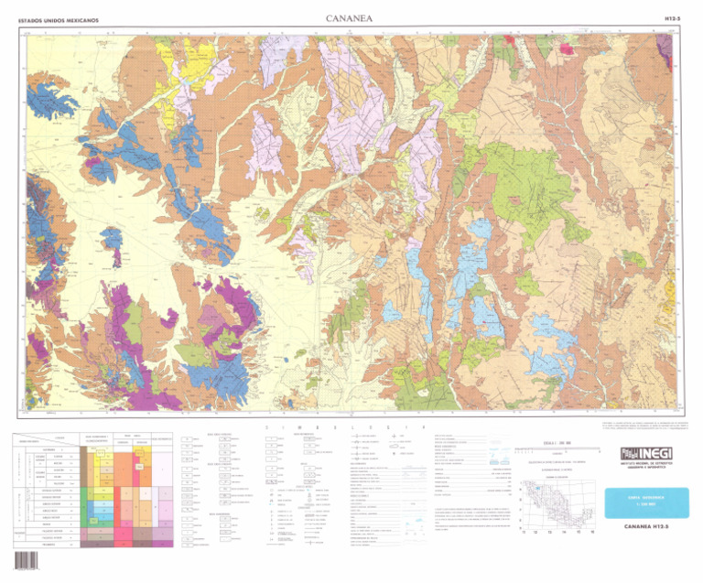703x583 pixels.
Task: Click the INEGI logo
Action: pos(645,455)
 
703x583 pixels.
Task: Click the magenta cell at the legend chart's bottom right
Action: pos(144,533)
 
